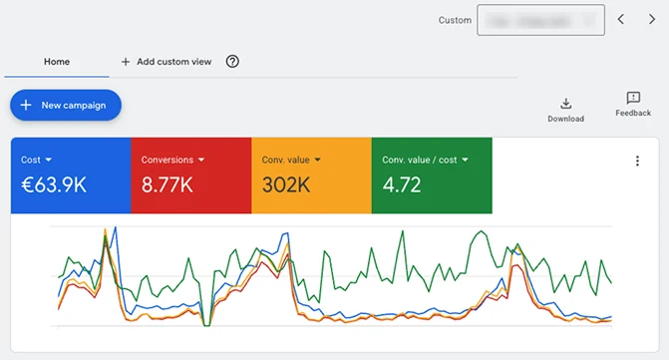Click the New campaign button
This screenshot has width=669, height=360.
(x=66, y=105)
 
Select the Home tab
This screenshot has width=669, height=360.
(x=57, y=62)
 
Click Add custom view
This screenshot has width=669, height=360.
(x=166, y=62)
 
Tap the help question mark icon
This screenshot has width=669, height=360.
(x=232, y=62)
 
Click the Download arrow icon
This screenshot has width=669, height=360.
(x=565, y=103)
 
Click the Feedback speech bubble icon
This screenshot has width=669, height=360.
(x=633, y=98)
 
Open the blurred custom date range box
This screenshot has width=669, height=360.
(x=540, y=20)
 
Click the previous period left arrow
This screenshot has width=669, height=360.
(x=620, y=20)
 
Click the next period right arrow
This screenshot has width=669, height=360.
(x=651, y=20)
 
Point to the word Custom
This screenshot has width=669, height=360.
(x=455, y=20)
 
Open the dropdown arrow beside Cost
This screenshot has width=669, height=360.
(x=49, y=160)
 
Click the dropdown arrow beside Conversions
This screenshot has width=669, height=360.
(x=200, y=160)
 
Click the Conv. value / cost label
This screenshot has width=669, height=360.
(x=419, y=160)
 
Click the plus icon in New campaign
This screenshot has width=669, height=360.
(x=27, y=105)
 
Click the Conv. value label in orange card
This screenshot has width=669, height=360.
(x=285, y=160)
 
